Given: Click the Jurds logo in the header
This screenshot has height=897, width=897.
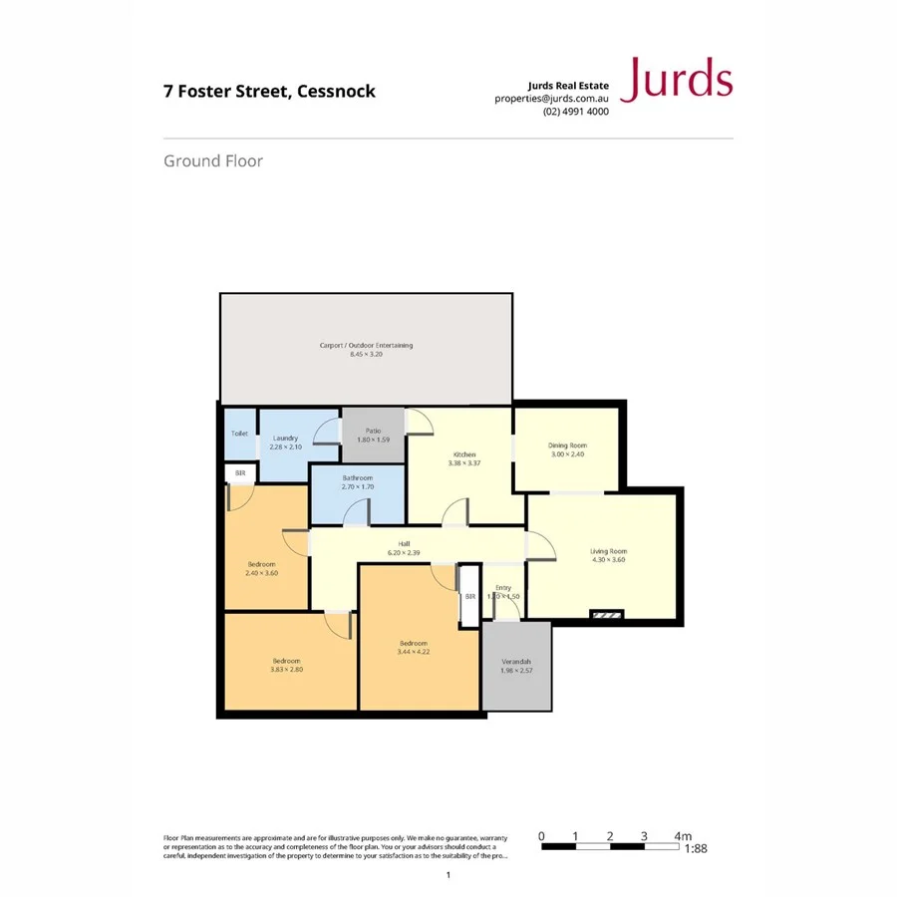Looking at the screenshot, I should coord(677,80).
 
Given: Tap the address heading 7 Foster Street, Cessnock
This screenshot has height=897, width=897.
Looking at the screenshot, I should coord(269,91).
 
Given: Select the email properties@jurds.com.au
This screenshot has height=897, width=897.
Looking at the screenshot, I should coord(551,99).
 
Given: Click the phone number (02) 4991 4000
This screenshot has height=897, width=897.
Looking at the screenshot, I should coord(576,112).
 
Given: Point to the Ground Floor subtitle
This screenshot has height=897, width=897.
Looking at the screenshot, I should coord(213,160).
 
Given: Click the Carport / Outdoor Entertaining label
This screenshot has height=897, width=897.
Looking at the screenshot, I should coord(366,346).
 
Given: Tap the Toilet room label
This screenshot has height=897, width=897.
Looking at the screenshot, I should coord(239,434).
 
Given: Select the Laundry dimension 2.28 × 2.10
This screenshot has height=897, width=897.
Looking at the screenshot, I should coord(285,447).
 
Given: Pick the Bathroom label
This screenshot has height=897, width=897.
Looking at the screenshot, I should coord(357,477).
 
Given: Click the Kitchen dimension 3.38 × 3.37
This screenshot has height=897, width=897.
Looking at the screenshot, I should coord(464,462).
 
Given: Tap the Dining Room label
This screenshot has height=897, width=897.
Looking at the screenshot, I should coord(567,445).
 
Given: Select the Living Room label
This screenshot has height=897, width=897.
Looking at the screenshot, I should coord(608,551).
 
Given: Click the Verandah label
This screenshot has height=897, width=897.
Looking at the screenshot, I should coord(515,662).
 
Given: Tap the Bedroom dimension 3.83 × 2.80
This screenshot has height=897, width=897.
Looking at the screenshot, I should coord(286,670).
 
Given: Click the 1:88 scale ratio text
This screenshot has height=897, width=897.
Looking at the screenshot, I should coord(698,849).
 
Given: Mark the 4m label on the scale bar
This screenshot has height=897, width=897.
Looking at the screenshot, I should coord(683,835).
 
